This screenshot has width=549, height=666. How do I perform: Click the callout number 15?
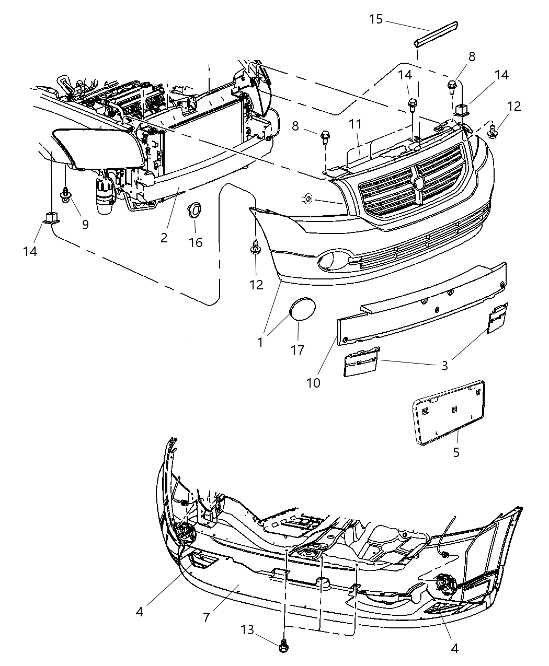pos(375,19)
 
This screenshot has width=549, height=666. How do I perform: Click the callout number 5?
pos(456,452)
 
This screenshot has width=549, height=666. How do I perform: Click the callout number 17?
pos(298,350)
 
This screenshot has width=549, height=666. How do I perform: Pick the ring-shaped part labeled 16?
pos(195,211)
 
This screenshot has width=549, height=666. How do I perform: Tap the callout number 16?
pos(196,242)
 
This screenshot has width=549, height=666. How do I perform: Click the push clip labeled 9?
pos(66,196)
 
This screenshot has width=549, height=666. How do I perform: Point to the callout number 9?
pos(85,225)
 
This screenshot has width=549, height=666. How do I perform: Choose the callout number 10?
pos(313,382)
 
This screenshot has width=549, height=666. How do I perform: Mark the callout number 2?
pos(164,238)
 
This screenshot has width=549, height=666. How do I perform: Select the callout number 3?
pos(444,366)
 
